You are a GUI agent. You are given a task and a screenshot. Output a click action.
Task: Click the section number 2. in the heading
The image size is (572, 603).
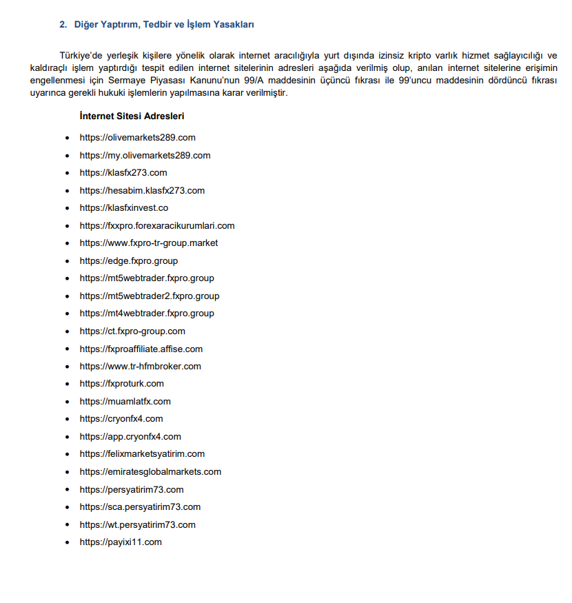63,25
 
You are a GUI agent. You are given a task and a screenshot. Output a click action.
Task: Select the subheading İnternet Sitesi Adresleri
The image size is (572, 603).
132,116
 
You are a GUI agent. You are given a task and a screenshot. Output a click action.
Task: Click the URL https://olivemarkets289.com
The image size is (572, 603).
138,138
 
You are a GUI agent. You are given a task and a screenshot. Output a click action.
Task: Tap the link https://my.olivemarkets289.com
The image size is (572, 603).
145,155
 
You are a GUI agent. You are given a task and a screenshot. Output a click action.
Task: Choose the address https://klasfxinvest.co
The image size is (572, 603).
124,207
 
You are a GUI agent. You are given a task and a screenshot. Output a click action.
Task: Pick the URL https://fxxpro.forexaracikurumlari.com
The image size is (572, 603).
157,225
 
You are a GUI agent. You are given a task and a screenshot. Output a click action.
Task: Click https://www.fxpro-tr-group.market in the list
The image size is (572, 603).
149,243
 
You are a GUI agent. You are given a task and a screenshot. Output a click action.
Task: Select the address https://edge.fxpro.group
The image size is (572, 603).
129,260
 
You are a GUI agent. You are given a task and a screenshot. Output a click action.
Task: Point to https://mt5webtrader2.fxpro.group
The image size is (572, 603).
150,296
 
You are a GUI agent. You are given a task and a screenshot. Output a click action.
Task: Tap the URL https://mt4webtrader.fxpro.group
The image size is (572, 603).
147,313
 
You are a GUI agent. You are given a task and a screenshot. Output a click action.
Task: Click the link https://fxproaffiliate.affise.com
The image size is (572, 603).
141,349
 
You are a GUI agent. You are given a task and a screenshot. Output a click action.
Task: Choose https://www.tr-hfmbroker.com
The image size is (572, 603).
141,366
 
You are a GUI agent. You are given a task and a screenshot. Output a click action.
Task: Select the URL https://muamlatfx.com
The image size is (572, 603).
125,401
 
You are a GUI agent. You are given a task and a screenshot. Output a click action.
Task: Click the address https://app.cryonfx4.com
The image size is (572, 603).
130,436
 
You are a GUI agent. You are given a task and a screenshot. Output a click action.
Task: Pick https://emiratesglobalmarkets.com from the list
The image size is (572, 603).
150,471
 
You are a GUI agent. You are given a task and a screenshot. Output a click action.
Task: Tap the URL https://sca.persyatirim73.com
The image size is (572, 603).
140,507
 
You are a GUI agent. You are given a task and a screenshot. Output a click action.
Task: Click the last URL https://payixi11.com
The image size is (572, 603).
121,542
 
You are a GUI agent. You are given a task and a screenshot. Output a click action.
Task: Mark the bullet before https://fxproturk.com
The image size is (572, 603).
67,384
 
